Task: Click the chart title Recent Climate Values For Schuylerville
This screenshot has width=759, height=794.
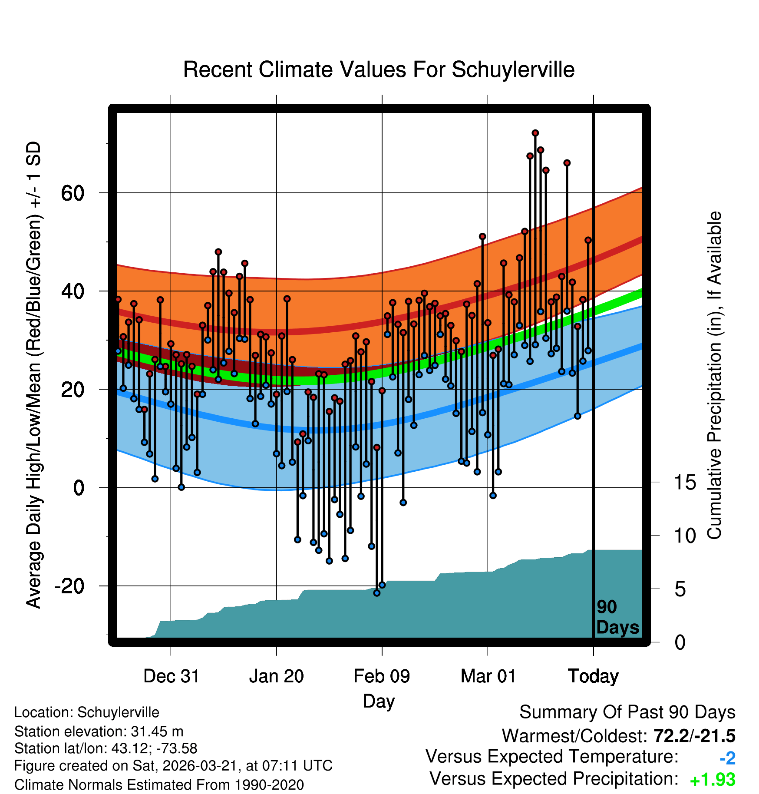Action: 379,69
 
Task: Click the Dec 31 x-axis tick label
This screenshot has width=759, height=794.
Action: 171,676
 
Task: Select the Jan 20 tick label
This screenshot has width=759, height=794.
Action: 277,676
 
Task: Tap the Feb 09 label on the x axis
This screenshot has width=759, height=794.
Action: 382,676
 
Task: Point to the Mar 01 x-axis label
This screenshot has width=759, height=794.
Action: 488,676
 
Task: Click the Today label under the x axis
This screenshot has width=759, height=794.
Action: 593,676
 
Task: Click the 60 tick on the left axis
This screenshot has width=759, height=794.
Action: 73,193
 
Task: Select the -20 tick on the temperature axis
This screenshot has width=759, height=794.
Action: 69,586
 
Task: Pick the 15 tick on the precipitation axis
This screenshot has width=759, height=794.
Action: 685,482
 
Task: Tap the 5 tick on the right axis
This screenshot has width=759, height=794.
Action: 680,589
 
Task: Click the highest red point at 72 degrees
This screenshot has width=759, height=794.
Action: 535,133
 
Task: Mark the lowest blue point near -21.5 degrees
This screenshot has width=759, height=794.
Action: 377,593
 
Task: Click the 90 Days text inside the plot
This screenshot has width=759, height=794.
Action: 617,617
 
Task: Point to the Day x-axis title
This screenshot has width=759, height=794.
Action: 379,701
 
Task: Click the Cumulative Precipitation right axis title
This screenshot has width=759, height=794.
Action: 714,375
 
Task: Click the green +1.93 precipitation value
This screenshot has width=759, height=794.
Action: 712,780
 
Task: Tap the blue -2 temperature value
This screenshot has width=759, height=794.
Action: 727,758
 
